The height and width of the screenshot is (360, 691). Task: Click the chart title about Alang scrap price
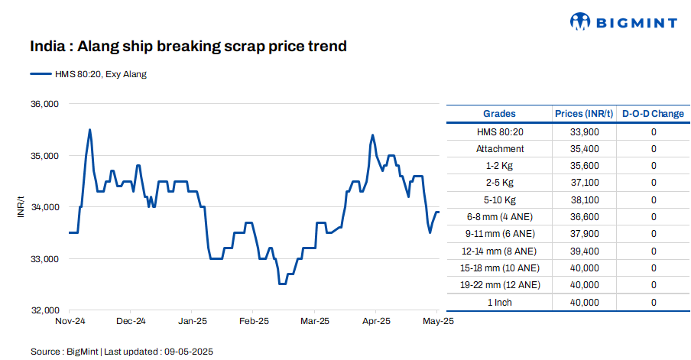click(x=188, y=47)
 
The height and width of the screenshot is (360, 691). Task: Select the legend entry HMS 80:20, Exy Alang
click(x=88, y=74)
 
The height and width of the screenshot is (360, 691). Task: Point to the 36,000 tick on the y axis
click(x=44, y=104)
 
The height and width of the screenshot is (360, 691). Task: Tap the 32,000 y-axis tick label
click(x=44, y=310)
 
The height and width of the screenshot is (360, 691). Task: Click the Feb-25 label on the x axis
click(x=254, y=322)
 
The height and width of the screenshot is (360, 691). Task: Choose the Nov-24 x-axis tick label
click(x=70, y=322)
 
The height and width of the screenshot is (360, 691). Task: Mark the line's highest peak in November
click(x=90, y=130)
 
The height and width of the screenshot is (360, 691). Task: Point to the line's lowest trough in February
click(x=282, y=284)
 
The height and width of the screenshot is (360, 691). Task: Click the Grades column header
click(x=500, y=114)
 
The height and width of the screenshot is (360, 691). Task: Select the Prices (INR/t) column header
click(x=584, y=114)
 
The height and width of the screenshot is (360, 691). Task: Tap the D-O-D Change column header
click(x=653, y=114)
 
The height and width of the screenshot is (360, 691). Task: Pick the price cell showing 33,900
click(x=584, y=132)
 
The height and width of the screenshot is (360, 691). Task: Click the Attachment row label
click(x=500, y=149)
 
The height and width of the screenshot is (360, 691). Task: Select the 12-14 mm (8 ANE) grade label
click(x=500, y=251)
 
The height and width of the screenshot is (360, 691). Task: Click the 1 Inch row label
click(x=500, y=303)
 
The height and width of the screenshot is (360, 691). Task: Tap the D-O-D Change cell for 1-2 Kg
click(x=654, y=166)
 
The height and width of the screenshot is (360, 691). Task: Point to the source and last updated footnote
click(x=122, y=352)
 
